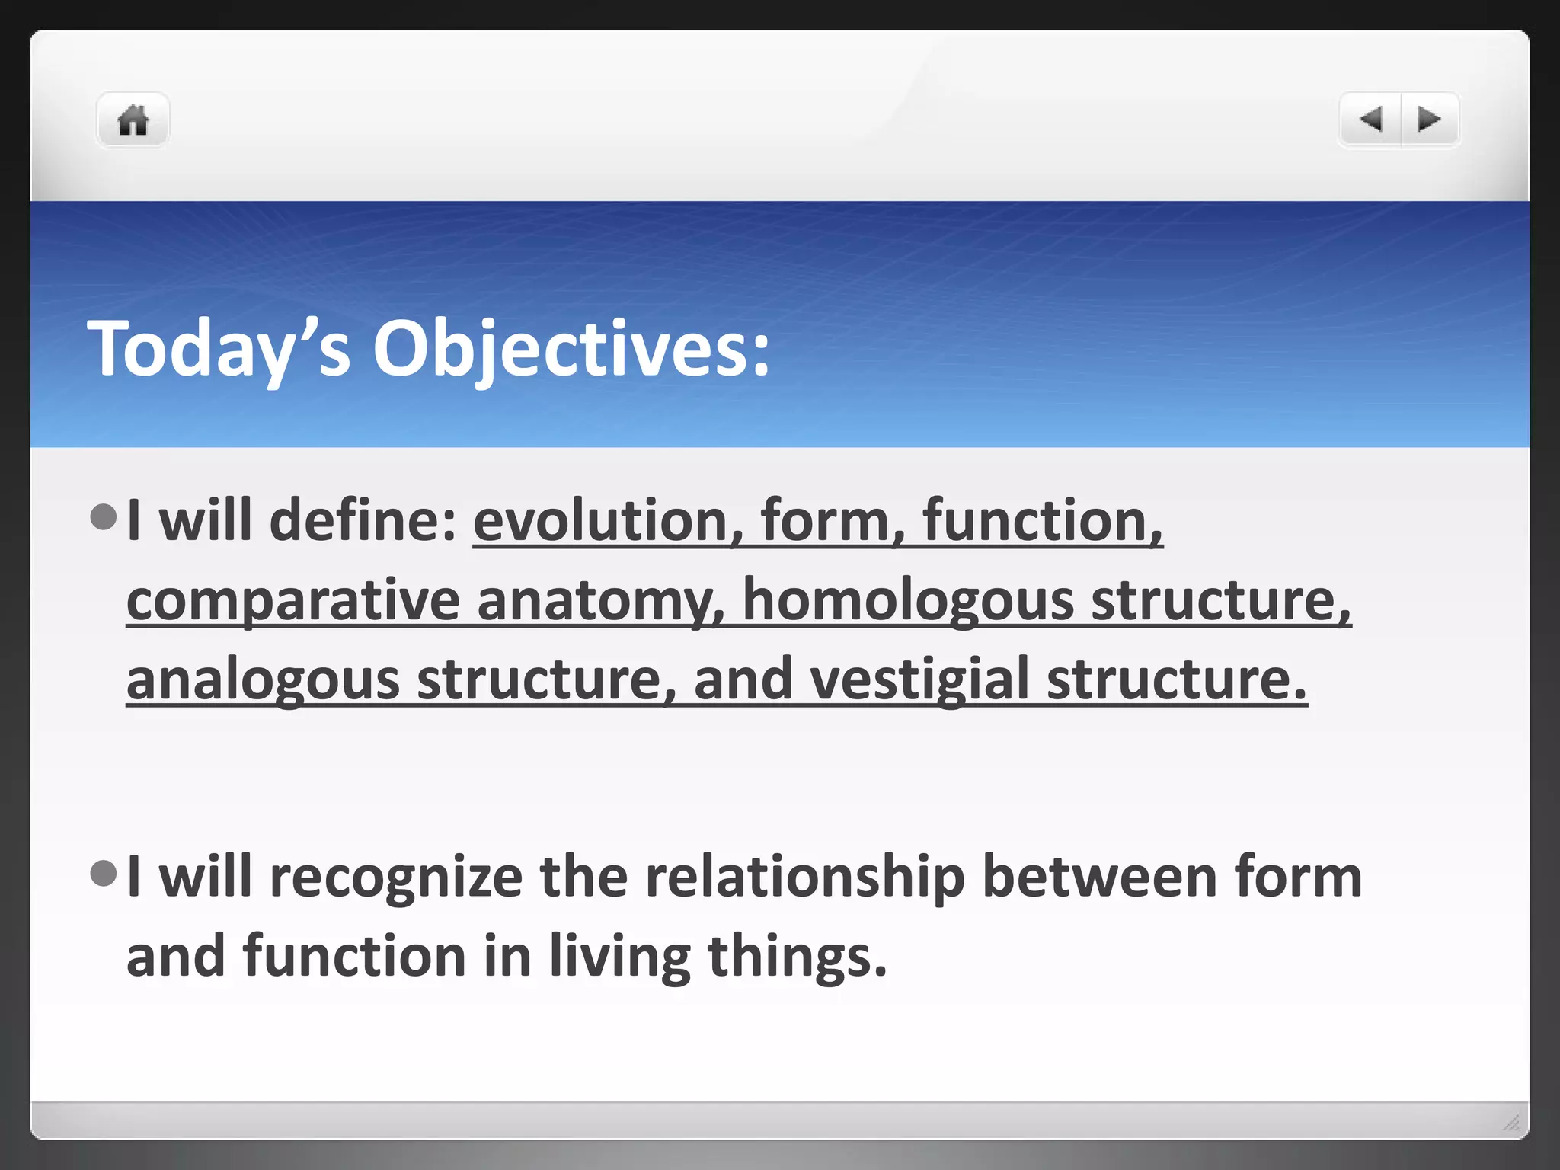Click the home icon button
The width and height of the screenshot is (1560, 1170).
133,120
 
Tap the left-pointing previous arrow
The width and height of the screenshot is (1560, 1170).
1370,120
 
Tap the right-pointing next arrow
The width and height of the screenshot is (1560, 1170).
1429,120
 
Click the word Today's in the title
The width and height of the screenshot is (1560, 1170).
219,349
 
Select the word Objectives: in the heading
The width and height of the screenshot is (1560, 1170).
571,349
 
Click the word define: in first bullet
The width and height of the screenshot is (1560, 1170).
363,521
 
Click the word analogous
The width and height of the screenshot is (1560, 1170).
263,680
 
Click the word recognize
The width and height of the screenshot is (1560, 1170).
396,877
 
